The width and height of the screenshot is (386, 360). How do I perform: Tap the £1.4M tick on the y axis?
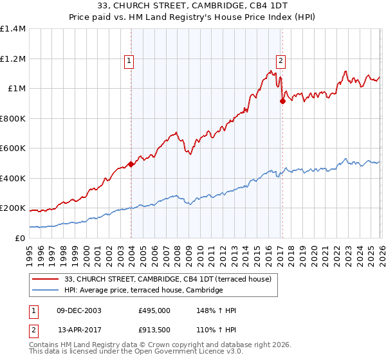click(x=13, y=29)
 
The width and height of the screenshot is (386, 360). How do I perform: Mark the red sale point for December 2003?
click(x=131, y=164)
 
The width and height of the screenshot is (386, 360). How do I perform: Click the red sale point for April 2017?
click(x=282, y=101)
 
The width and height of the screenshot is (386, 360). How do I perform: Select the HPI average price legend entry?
click(x=143, y=291)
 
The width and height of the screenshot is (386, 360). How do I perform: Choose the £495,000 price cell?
click(x=154, y=310)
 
